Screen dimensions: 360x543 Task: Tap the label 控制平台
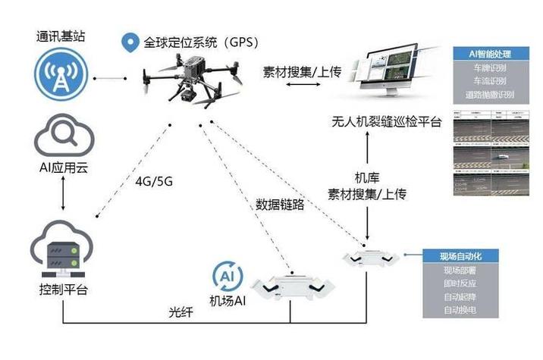(62, 290)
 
